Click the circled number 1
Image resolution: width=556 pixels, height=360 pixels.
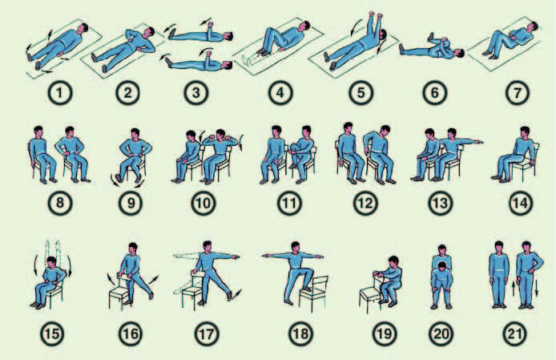coord(60,93)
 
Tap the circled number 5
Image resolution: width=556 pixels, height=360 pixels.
coord(361,93)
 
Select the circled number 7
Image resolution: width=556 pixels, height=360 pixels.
coord(518,93)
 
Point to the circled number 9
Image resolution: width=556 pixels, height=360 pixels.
coord(131,203)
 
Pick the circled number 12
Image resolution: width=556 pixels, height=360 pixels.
coord(365,203)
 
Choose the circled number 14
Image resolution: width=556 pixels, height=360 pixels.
coord(521,203)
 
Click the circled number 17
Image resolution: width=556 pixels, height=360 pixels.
coord(207,334)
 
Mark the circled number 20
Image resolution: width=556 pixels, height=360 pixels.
coord(441,334)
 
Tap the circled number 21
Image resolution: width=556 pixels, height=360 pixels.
coord(514,334)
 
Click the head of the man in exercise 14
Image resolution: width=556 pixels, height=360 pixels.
coord(525,131)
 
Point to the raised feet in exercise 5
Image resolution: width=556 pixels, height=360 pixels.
coord(376,15)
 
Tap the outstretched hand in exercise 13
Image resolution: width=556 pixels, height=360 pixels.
coord(479,142)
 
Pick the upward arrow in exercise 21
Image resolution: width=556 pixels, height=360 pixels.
coord(513,288)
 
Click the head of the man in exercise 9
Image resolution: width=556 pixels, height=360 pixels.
coord(135,134)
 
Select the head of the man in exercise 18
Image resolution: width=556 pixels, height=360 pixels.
coord(295,247)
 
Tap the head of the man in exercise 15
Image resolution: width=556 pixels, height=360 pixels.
coord(52,263)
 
